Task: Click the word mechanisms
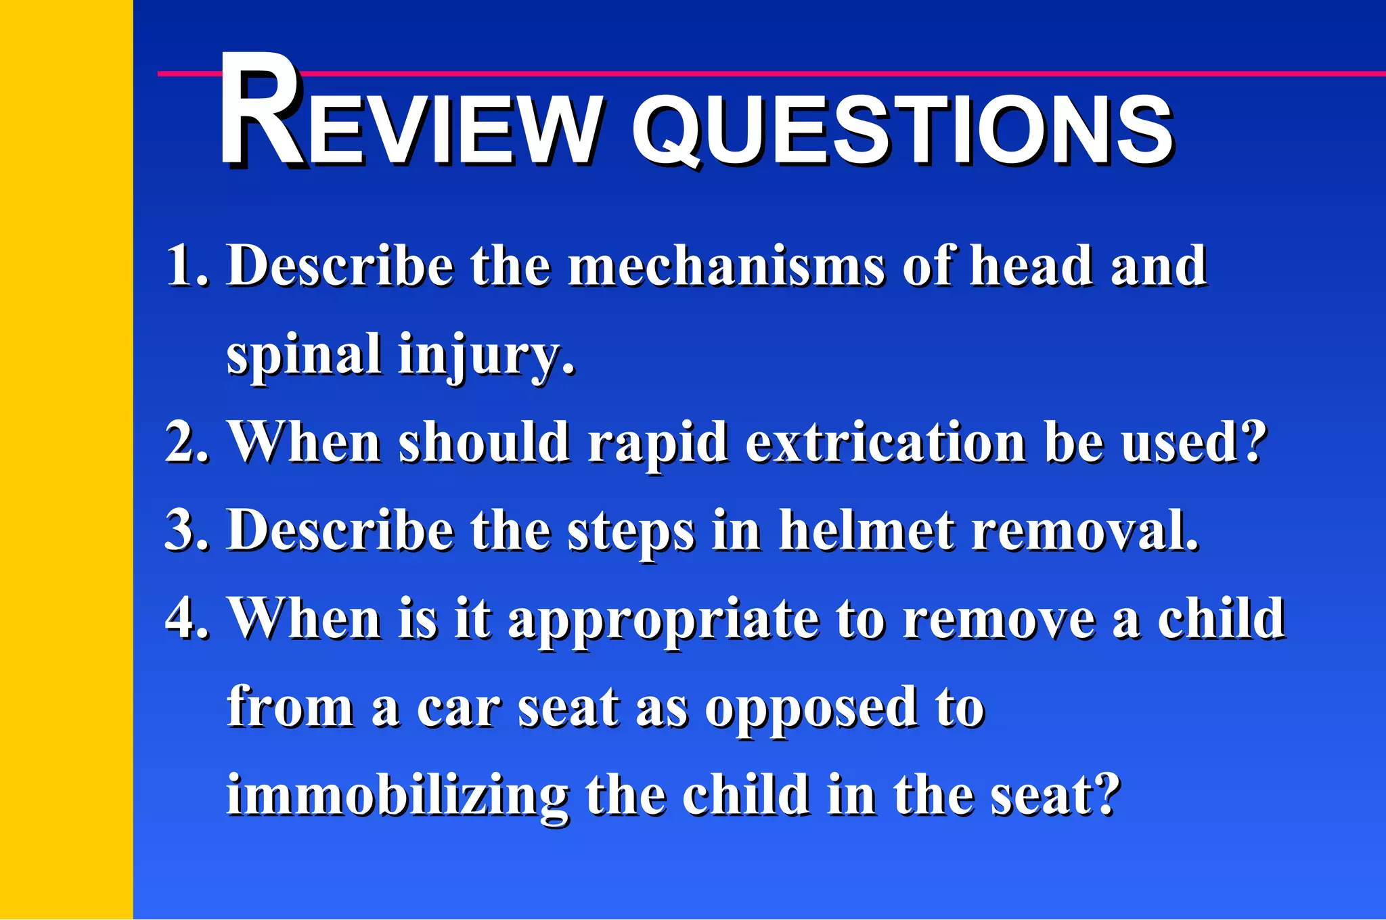[x=726, y=266]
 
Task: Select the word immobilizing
[x=397, y=797]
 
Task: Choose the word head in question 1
[x=1031, y=266]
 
